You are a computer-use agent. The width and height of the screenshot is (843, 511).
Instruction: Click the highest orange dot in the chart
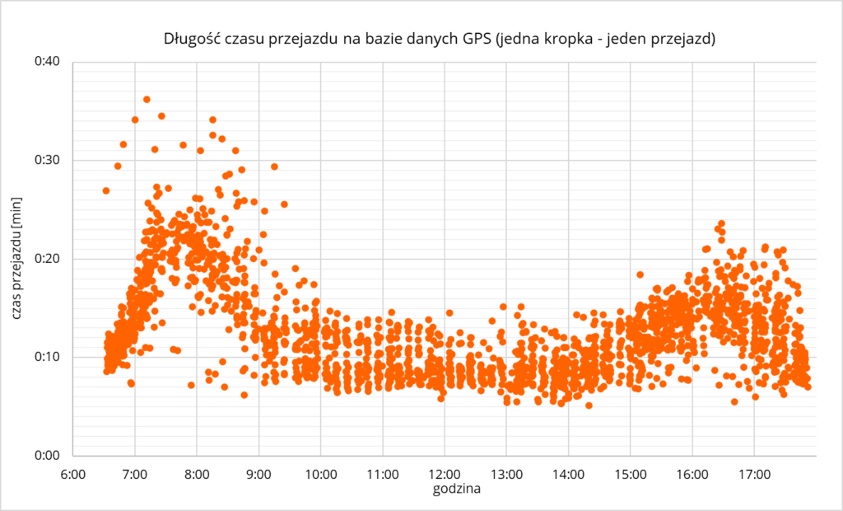click(x=147, y=100)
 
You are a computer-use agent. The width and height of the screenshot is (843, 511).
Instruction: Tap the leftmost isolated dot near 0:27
click(x=105, y=190)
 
